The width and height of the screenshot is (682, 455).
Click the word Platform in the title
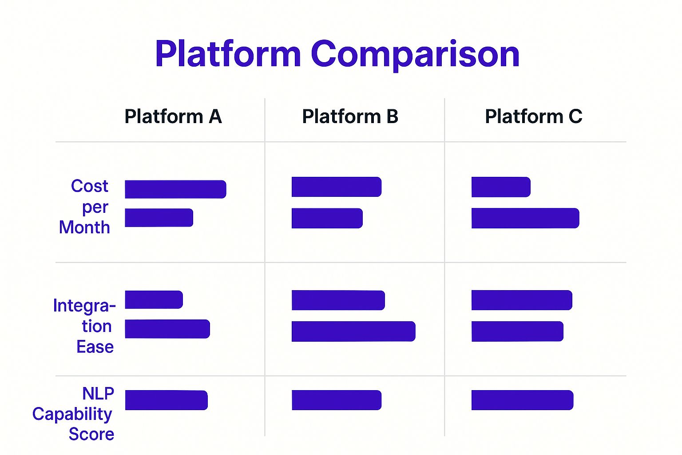[x=228, y=54]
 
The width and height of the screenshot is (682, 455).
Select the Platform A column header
[x=173, y=116]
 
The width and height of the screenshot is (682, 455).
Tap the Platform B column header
[x=350, y=116]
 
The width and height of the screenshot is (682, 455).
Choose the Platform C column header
[x=533, y=116]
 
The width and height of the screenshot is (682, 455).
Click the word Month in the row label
[x=84, y=227]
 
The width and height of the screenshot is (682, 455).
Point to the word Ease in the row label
[x=95, y=347]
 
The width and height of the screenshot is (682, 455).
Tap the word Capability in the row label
[x=72, y=415]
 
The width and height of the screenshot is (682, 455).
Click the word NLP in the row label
[x=98, y=393]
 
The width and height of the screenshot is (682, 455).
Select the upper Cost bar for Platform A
[x=175, y=189]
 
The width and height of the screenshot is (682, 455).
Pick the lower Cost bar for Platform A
[x=159, y=218]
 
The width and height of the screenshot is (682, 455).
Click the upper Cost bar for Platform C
[x=501, y=187]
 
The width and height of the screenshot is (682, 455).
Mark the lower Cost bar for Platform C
[x=525, y=218]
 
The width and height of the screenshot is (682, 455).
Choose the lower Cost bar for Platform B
[x=327, y=218]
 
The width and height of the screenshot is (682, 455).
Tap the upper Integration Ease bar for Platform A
[x=154, y=299]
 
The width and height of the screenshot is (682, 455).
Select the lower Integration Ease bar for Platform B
[x=353, y=331]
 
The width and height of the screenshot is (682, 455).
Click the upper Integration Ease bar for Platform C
[x=522, y=300]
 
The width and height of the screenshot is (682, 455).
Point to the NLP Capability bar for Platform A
[x=166, y=400]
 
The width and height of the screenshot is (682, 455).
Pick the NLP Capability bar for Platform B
[x=337, y=400]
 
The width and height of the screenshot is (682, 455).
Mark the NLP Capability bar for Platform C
[x=523, y=400]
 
